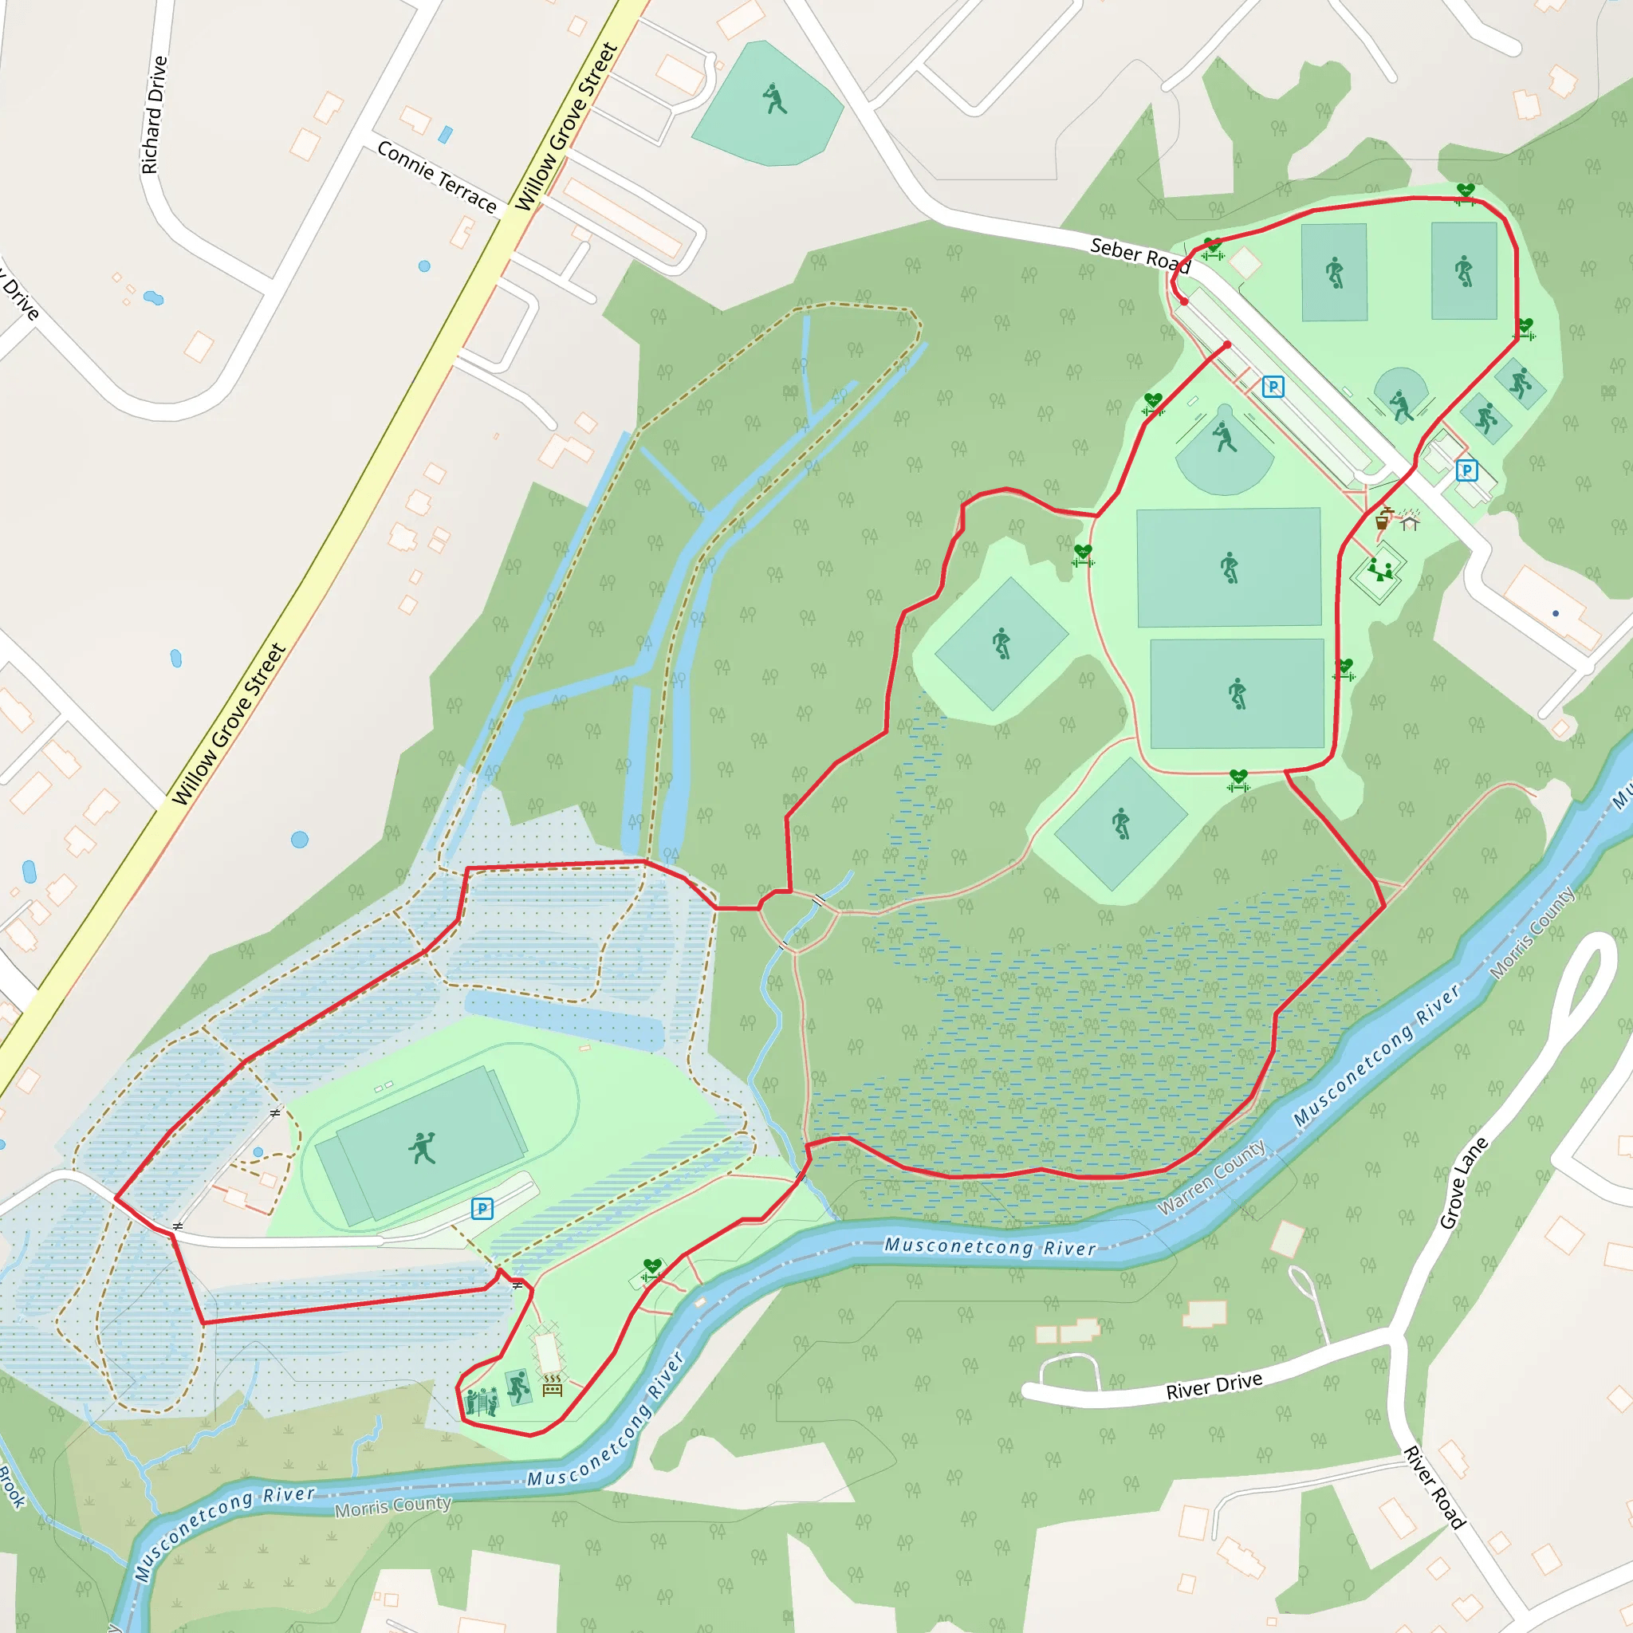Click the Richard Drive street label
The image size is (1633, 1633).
[x=154, y=115]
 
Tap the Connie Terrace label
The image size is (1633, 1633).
[x=436, y=177]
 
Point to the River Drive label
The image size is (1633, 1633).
[x=1214, y=1385]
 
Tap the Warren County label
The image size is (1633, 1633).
[x=1210, y=1177]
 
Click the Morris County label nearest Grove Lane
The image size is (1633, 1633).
[x=1532, y=933]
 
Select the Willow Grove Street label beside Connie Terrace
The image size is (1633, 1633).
[x=566, y=127]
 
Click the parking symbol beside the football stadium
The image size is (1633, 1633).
[x=482, y=1209]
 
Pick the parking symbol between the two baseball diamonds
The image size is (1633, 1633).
[x=1273, y=387]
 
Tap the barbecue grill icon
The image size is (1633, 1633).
[x=552, y=1385]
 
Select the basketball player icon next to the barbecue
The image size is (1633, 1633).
[x=517, y=1386]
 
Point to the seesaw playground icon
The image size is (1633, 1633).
[x=1379, y=571]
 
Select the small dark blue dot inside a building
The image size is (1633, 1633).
[x=1555, y=614]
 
